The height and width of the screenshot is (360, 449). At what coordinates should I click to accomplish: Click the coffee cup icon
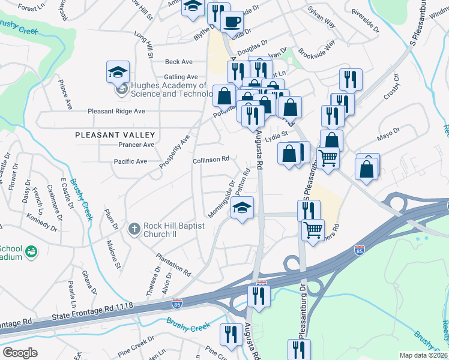click(x=232, y=22)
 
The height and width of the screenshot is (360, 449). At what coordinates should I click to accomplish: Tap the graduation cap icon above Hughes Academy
click(x=118, y=72)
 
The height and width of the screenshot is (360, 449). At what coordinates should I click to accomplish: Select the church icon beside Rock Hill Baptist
click(x=134, y=229)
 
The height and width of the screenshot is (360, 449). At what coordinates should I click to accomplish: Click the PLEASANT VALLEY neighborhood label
click(x=115, y=135)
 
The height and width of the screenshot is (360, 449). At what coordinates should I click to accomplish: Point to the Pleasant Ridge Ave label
click(x=116, y=111)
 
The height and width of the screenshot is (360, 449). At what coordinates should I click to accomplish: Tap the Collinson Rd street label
click(x=211, y=160)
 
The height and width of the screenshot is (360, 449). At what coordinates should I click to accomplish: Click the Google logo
click(x=20, y=352)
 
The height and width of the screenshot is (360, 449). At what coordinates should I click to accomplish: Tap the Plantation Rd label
click(x=173, y=265)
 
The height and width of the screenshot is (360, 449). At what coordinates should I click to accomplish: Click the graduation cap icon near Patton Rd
click(x=242, y=208)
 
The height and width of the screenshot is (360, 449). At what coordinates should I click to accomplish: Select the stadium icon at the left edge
click(x=31, y=253)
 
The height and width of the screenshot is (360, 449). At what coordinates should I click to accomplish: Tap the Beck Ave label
click(x=179, y=62)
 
